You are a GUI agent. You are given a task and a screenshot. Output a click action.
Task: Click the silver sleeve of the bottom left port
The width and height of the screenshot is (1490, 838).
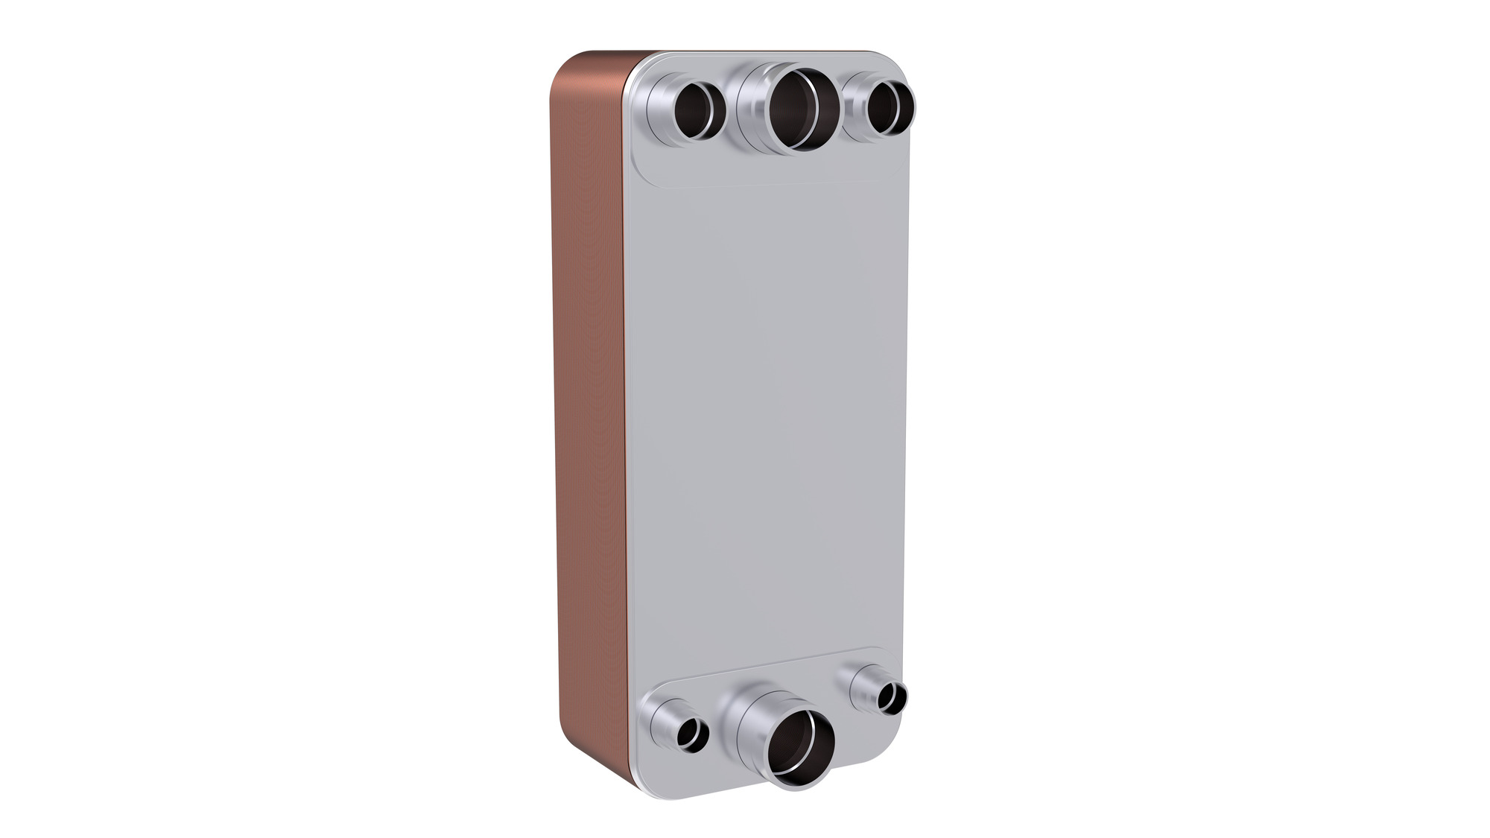click(x=663, y=722)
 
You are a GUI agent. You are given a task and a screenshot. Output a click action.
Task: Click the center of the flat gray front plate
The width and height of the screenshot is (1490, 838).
click(x=767, y=417)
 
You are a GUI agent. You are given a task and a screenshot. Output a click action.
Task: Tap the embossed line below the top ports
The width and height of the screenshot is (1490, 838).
click(x=767, y=183)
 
